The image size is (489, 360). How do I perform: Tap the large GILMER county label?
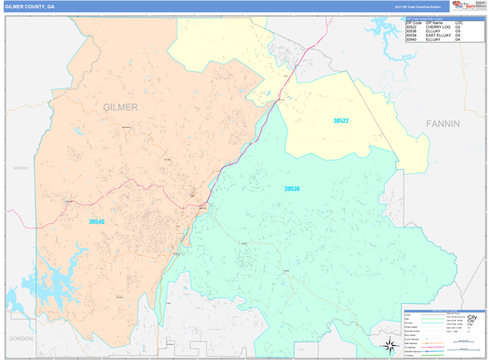[x=121, y=108]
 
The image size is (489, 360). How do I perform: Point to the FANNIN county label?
[x=443, y=124]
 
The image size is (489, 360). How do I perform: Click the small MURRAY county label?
[x=20, y=168]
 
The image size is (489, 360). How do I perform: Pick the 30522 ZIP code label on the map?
[x=341, y=121]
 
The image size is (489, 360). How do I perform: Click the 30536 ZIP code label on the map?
[x=292, y=188]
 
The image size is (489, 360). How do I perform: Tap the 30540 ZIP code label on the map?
[x=97, y=220]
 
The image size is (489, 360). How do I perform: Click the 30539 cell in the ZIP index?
[x=412, y=36]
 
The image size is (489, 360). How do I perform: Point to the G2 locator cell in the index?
[x=458, y=27]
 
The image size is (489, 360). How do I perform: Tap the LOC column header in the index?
[x=459, y=23]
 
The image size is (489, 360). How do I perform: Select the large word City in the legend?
[x=472, y=318]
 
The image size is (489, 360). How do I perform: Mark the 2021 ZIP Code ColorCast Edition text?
[x=419, y=7]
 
